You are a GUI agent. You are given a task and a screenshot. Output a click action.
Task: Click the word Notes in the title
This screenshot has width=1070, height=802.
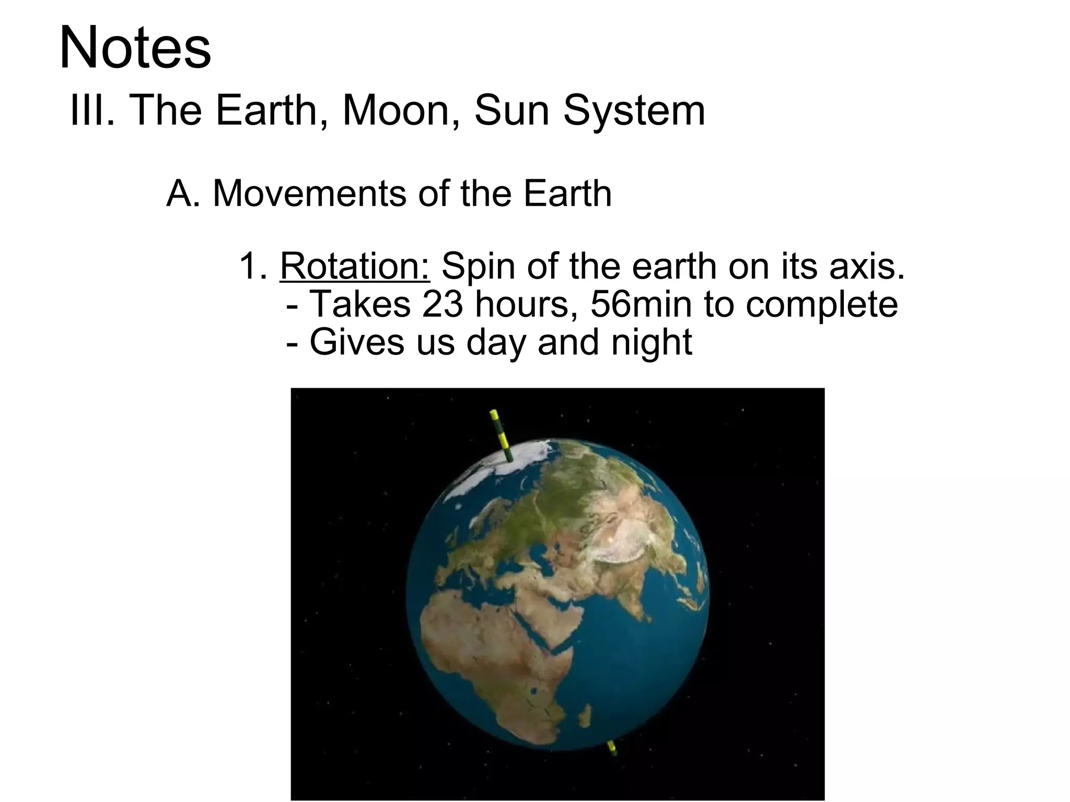coord(135,49)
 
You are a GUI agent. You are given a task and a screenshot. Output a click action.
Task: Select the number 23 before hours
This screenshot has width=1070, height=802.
coord(443,304)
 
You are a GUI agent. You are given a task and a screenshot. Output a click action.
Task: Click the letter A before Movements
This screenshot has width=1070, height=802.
coord(180,194)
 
